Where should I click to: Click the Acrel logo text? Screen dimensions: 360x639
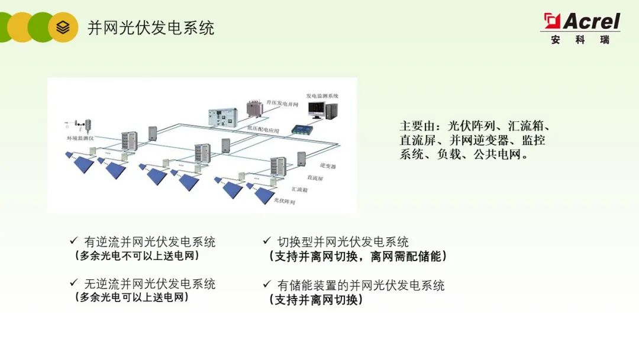click(590, 22)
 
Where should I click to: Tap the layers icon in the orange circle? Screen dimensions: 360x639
click(63, 27)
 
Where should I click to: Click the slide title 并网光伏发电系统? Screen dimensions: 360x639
click(151, 28)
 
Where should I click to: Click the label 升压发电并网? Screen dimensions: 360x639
click(282, 104)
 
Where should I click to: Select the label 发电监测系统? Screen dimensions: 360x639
click(322, 95)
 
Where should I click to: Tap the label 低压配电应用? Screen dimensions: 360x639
click(263, 128)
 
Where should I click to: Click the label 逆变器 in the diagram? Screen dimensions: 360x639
click(327, 167)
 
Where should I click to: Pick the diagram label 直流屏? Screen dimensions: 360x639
click(314, 178)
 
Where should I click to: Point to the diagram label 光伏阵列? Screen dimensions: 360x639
click(284, 201)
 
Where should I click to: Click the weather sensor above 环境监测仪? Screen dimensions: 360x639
click(87, 125)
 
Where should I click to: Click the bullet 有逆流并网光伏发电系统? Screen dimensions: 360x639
click(150, 242)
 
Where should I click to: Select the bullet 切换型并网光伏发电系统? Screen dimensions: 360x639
click(343, 242)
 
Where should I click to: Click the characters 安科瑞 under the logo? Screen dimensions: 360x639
click(580, 40)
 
